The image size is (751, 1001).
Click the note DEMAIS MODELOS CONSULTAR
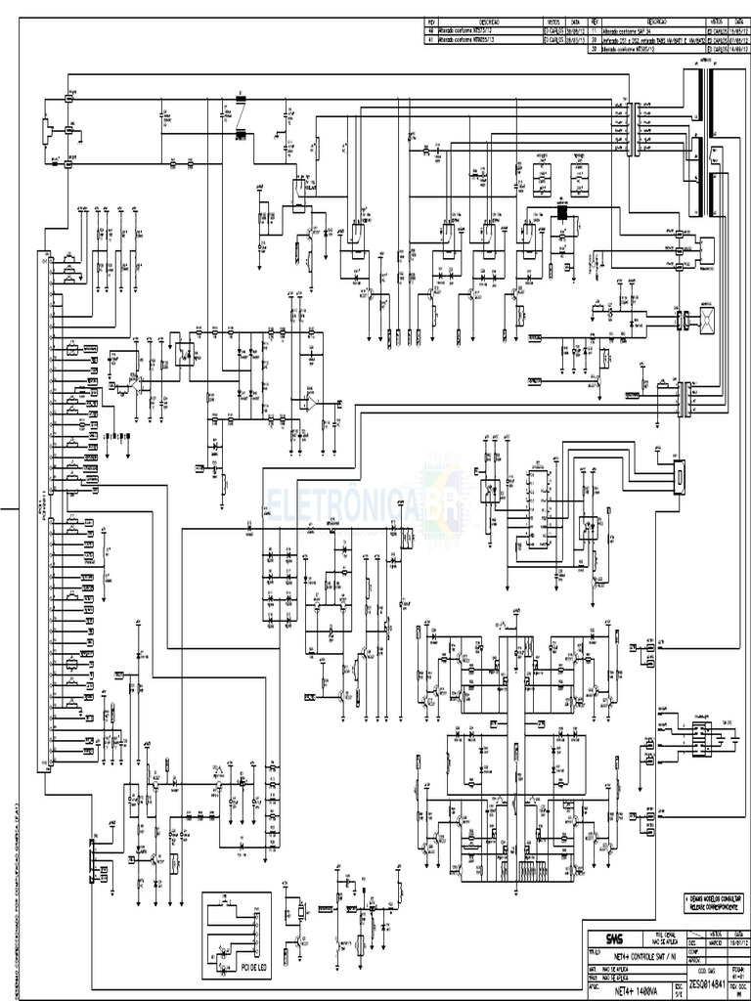pyautogui.click(x=715, y=897)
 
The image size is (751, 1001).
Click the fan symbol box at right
pyautogui.click(x=705, y=320)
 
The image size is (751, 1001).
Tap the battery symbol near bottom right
pyautogui.click(x=701, y=735)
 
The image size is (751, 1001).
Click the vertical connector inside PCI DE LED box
pyautogui.click(x=256, y=930)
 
